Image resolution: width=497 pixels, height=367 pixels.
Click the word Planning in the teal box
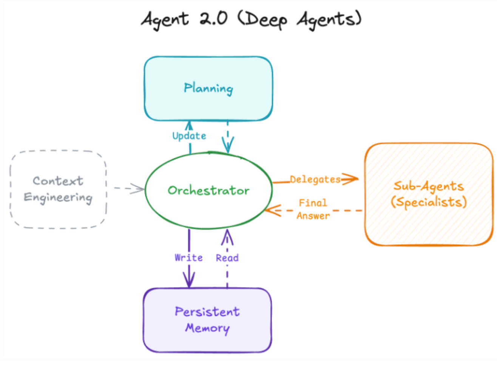point(208,88)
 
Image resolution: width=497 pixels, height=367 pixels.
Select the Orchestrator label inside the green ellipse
point(208,190)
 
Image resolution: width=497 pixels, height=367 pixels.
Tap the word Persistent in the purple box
point(207,311)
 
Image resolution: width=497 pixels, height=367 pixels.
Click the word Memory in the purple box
point(207,328)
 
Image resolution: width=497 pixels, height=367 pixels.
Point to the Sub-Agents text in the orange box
point(429,186)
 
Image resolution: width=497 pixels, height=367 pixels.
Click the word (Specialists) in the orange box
point(429,202)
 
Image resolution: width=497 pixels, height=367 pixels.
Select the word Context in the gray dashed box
point(58,181)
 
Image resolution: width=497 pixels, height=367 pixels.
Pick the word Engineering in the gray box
point(58,197)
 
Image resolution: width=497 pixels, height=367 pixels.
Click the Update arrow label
point(189,136)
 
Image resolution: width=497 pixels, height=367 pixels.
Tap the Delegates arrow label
point(315,179)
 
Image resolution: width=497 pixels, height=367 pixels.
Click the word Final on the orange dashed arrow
point(313,203)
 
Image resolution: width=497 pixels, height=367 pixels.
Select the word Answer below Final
point(313,216)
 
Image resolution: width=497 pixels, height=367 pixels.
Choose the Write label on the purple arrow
point(188,258)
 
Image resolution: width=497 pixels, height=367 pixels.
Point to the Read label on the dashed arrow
point(227,258)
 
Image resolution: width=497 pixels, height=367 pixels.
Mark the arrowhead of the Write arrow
point(189,282)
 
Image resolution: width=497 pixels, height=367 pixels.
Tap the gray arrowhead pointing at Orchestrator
point(139,188)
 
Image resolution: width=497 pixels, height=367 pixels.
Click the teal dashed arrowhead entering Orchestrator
point(228,146)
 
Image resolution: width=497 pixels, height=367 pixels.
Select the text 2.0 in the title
point(213,19)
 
